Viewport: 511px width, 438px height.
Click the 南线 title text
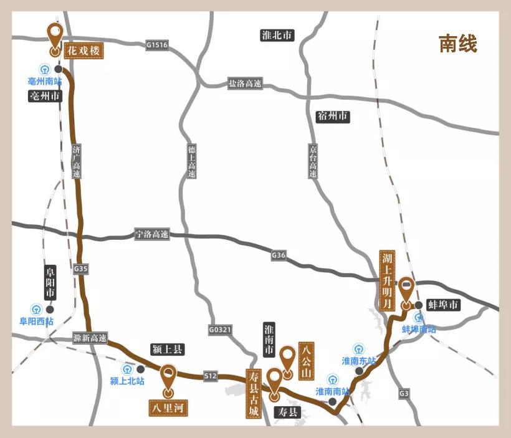click(x=457, y=44)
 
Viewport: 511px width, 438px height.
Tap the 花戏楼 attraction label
click(x=83, y=50)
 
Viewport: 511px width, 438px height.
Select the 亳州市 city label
click(x=45, y=96)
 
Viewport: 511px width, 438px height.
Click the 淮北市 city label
click(x=277, y=36)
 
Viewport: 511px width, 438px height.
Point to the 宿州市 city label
click(x=333, y=117)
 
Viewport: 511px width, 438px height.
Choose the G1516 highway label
click(x=157, y=45)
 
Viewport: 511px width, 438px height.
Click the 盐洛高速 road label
click(x=244, y=83)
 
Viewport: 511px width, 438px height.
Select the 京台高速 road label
click(x=313, y=161)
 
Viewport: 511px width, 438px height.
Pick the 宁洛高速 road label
click(x=152, y=235)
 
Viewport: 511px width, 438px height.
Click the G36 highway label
click(x=279, y=255)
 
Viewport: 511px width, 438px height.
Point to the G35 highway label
click(x=80, y=269)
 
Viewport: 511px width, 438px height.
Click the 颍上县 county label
click(x=168, y=350)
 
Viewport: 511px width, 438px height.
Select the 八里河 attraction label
click(x=168, y=407)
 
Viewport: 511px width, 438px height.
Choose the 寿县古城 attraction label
click(x=252, y=393)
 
